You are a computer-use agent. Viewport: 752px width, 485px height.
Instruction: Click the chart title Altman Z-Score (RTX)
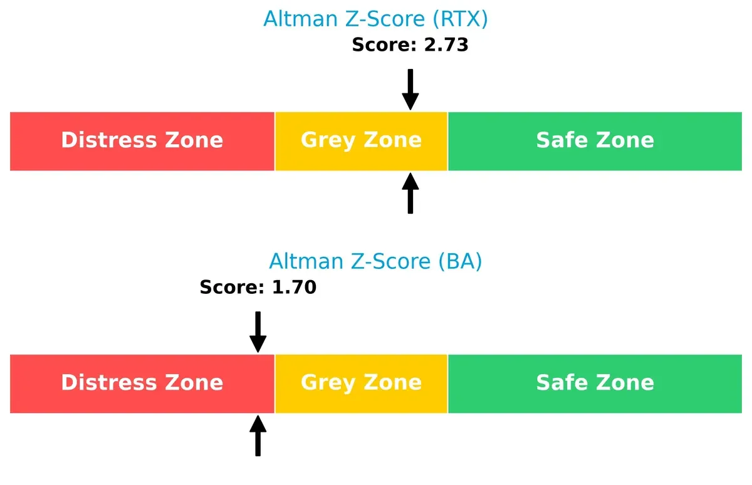375,19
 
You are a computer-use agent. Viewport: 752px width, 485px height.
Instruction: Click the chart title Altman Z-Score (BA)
375,261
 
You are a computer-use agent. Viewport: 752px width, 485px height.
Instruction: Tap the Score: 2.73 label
410,45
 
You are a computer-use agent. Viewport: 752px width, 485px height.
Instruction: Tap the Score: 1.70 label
258,288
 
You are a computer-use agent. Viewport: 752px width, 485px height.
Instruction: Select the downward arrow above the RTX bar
410,90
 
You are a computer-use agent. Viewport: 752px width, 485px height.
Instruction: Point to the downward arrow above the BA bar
258,332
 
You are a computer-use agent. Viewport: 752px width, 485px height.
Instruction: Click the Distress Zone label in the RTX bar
142,140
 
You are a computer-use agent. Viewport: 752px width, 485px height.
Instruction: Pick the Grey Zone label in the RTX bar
361,140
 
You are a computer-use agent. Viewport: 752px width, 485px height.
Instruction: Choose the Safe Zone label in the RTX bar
595,140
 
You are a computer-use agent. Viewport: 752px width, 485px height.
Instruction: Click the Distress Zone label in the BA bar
142,382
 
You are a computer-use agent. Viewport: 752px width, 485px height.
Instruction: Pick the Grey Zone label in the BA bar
361,382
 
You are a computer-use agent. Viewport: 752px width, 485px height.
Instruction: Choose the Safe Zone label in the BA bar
595,382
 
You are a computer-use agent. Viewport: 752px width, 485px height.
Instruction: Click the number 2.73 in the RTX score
446,45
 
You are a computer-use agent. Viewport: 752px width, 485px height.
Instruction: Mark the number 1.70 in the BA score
293,288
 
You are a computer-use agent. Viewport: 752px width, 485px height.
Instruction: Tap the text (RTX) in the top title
459,19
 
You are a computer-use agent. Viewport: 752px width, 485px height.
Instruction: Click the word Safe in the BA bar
560,382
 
